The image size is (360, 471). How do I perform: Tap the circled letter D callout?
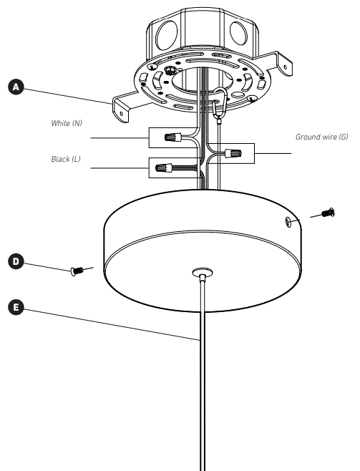pos(16,261)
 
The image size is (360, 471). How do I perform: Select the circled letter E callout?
pos(16,307)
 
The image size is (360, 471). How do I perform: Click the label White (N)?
pos(66,123)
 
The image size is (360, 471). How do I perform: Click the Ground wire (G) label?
pos(321,136)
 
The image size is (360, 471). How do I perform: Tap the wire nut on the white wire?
pos(172,136)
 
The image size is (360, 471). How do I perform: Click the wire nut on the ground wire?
pos(232,152)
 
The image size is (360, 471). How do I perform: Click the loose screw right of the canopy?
pos(328,212)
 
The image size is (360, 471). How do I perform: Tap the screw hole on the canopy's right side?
pos(288,222)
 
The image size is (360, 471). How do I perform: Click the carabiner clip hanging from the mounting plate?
pos(220,104)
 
